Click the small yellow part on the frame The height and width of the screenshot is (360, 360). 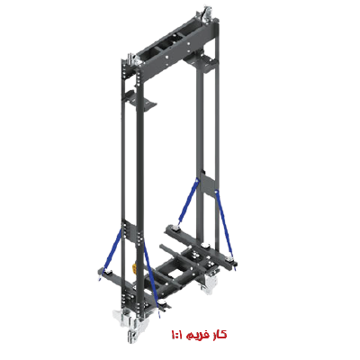[134, 268]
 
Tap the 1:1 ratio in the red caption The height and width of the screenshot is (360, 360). [177, 334]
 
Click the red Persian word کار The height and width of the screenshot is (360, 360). [220, 334]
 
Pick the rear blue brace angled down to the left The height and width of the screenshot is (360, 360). [188, 201]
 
